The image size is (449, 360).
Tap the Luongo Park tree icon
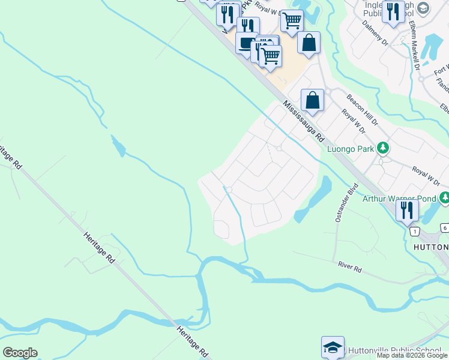(382, 148)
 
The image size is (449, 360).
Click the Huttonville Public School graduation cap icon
(332, 347)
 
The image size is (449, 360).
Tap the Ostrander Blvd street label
(346, 202)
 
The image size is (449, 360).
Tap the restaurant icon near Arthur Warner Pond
(407, 210)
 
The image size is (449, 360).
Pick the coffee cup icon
(247, 43)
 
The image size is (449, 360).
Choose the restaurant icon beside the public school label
(393, 12)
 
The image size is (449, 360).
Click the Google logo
(20, 353)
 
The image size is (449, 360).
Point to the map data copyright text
(412, 356)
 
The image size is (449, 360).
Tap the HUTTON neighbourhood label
(431, 247)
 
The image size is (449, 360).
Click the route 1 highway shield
(414, 231)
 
